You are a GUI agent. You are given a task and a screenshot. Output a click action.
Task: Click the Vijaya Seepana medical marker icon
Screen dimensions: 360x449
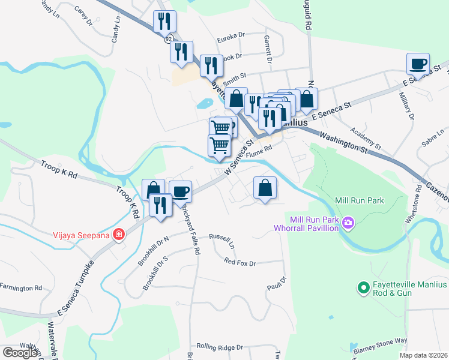point(119,235)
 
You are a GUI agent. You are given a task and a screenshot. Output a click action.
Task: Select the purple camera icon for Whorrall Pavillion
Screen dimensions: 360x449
point(348,224)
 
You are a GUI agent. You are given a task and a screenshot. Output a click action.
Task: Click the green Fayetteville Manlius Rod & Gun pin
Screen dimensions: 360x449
point(363,289)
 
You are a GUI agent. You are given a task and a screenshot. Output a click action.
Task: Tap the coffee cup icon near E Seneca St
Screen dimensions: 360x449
point(418,63)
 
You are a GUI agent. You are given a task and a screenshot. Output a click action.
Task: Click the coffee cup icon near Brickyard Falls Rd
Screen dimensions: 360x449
point(180,191)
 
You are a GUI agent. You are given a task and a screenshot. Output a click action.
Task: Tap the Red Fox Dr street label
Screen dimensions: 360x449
point(240,262)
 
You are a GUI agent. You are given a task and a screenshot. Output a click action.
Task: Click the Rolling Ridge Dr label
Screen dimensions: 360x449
point(220,347)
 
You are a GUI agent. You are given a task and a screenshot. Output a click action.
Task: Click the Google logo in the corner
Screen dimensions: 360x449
point(20,352)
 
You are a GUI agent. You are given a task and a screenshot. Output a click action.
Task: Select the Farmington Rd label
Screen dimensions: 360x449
point(21,287)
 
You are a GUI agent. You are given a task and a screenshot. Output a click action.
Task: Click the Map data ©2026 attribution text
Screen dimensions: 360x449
point(423,355)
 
